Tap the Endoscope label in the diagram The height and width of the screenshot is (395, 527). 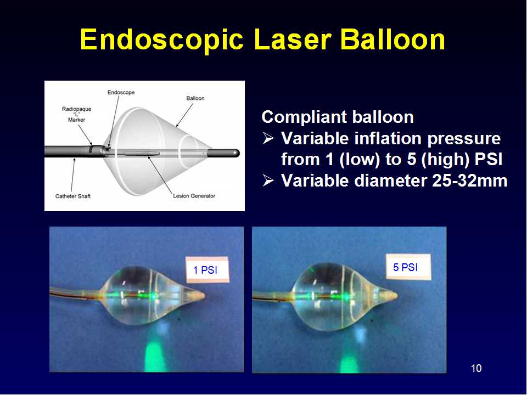121,92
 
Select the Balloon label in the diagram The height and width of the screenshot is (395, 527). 195,98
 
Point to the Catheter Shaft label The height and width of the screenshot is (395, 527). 73,196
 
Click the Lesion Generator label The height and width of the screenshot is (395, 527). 194,196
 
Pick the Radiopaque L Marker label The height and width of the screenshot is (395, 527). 77,114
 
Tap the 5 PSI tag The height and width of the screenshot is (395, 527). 408,267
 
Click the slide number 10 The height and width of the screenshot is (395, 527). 476,368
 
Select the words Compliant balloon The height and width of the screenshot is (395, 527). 338,117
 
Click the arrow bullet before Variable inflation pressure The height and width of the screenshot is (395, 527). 268,138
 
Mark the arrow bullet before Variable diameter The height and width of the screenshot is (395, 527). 268,180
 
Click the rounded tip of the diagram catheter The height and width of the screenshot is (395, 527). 238,153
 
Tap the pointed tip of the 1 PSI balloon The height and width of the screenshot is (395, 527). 204,296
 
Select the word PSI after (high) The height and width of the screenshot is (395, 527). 489,159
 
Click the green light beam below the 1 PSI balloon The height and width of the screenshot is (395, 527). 155,356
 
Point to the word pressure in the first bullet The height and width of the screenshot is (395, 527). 464,139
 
